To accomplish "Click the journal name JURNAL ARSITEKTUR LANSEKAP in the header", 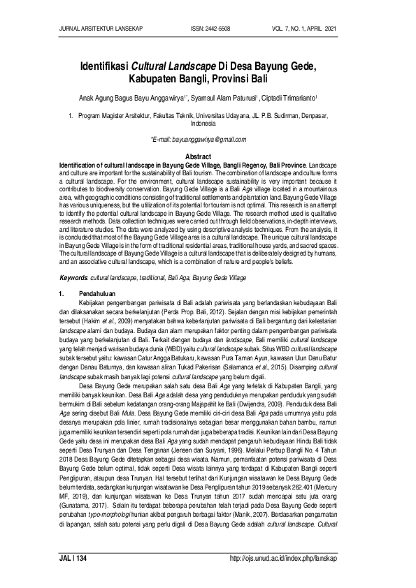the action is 97,29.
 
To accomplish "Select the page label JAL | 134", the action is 73,559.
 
